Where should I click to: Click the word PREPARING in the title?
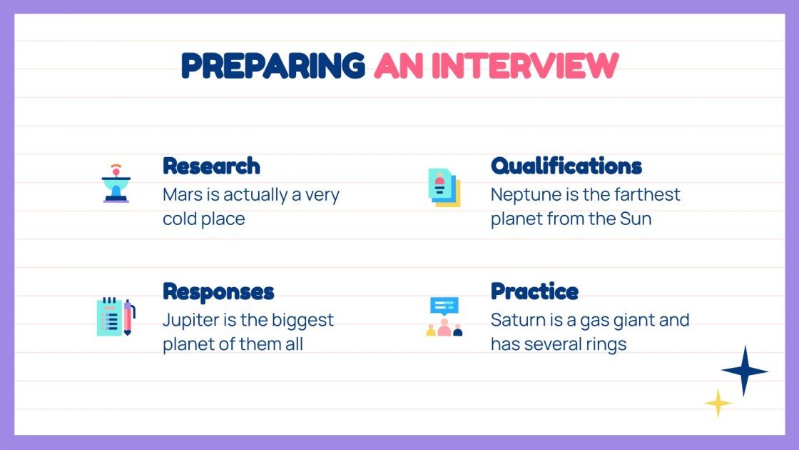pos(273,66)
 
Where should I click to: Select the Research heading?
pos(211,166)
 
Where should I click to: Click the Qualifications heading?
pos(566,166)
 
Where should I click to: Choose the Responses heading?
pos(218,291)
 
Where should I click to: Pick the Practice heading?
pos(534,291)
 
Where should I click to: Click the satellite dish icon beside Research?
pos(116,184)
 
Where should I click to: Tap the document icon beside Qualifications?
pos(444,188)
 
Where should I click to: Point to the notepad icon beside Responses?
pos(110,316)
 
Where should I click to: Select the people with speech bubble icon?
pos(444,317)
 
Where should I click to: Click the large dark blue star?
pos(744,371)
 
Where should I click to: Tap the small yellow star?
pos(718,403)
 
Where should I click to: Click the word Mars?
pos(183,195)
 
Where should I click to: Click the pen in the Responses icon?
pos(128,318)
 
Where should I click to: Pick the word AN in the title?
pos(398,66)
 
